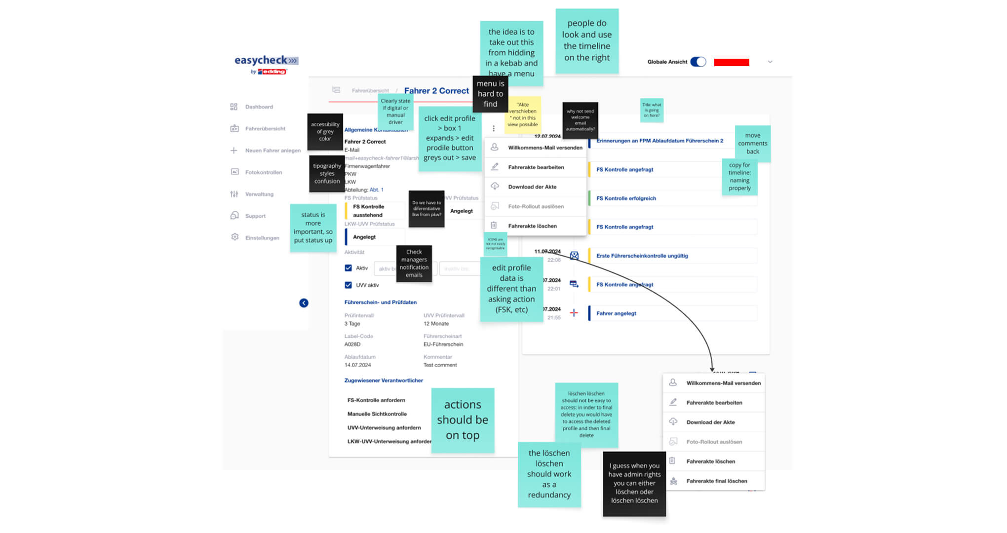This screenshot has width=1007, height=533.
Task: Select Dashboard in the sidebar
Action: (x=259, y=107)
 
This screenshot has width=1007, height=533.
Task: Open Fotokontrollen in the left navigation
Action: (x=263, y=172)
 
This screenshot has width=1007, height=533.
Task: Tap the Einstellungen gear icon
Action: (x=235, y=237)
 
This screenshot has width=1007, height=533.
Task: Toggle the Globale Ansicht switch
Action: (x=698, y=62)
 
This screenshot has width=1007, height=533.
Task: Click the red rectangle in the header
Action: (x=732, y=62)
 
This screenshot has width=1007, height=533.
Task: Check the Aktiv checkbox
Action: (x=349, y=268)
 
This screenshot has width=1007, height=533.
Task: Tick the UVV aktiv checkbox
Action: (x=349, y=285)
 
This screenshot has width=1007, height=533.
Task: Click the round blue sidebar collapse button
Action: (x=304, y=303)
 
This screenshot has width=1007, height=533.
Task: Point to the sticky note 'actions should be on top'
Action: (x=463, y=420)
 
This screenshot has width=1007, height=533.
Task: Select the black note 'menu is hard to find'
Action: (x=490, y=94)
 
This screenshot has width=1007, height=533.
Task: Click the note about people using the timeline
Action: (x=587, y=41)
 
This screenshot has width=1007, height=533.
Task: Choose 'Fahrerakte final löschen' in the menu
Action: (x=716, y=481)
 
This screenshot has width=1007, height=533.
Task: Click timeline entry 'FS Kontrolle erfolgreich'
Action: (x=626, y=198)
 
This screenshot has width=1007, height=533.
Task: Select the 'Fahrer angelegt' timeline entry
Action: (x=616, y=313)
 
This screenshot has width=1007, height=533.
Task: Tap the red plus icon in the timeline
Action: (x=574, y=313)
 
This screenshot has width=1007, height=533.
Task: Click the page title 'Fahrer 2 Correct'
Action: (x=436, y=91)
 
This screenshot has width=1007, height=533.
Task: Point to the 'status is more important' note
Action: (x=313, y=228)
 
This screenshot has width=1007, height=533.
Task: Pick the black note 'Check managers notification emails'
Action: (x=414, y=264)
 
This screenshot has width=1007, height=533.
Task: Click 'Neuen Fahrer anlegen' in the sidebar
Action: (x=272, y=151)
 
